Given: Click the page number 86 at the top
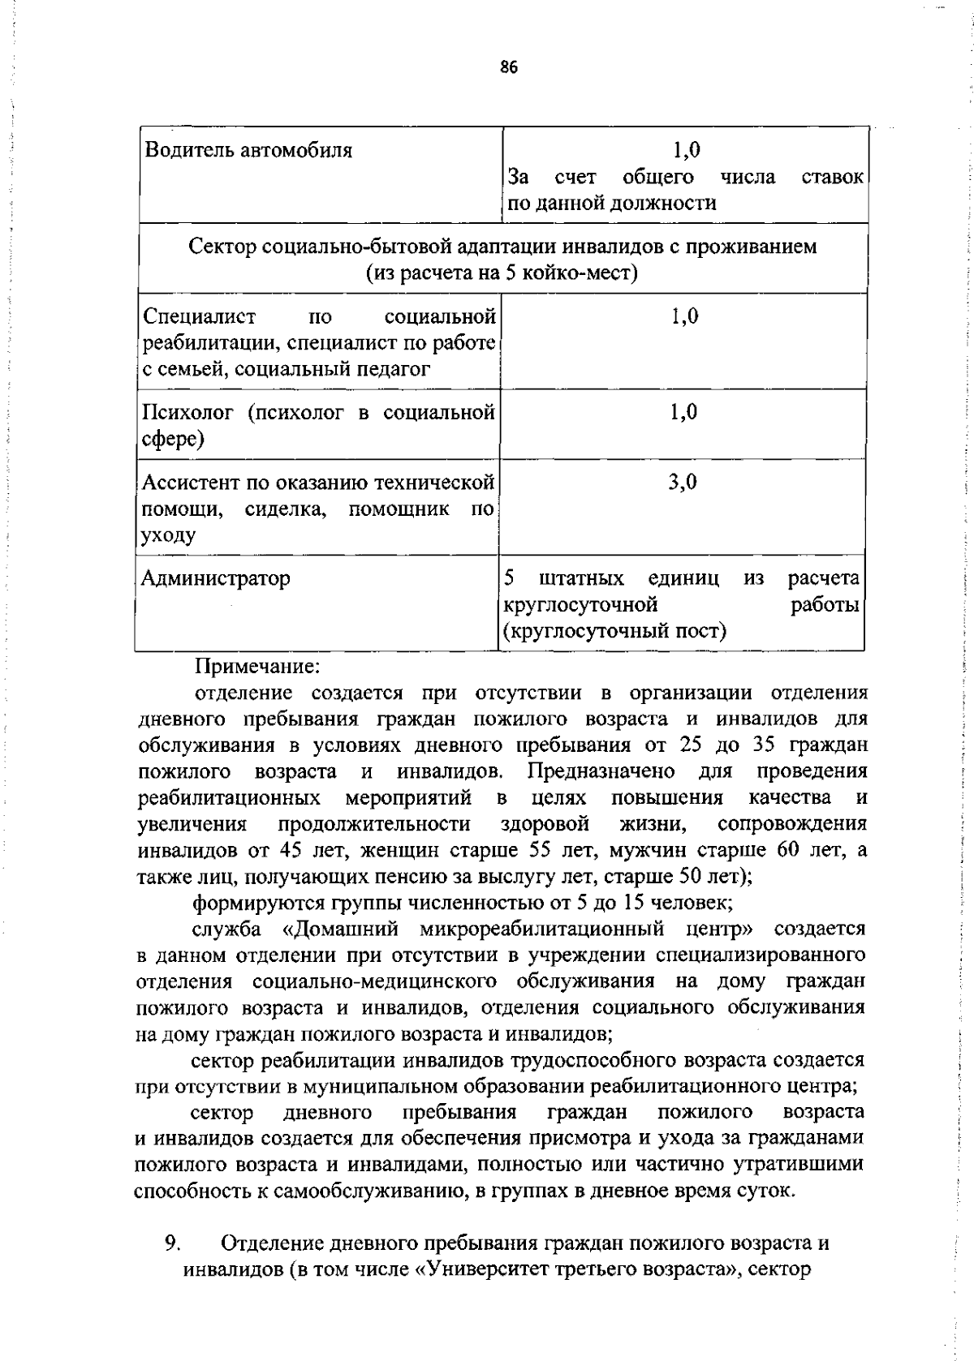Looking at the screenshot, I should (x=509, y=68).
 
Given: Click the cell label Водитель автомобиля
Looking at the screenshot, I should (x=248, y=150).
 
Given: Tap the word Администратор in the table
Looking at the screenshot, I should (x=215, y=578).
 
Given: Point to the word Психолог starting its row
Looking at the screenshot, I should (x=189, y=413).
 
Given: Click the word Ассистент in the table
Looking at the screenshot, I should (x=191, y=483).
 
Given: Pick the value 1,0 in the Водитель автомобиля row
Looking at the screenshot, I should (x=686, y=150).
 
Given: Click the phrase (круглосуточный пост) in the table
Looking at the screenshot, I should (x=614, y=630).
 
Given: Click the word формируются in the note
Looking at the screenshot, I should (x=258, y=902).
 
